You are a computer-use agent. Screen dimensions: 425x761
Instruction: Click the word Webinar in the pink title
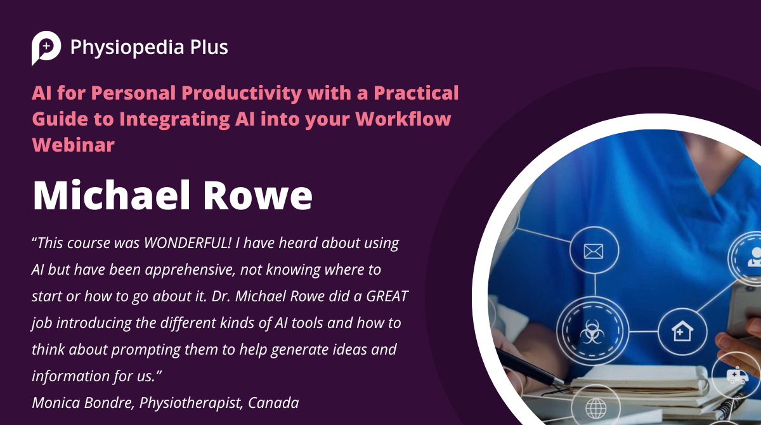coord(73,144)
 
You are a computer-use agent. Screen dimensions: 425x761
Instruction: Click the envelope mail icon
coord(593,252)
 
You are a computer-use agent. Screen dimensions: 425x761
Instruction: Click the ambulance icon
coord(737,376)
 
